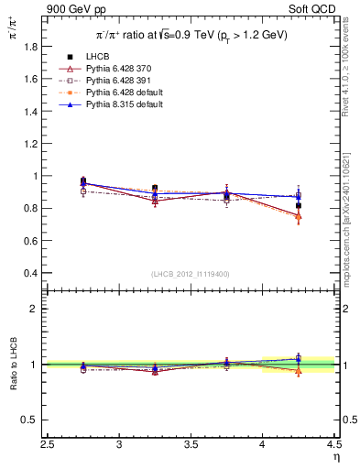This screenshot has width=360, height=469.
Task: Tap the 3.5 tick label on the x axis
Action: point(191,445)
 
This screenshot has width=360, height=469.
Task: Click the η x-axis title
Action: point(336,457)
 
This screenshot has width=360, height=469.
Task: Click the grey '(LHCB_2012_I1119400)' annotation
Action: point(191,274)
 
